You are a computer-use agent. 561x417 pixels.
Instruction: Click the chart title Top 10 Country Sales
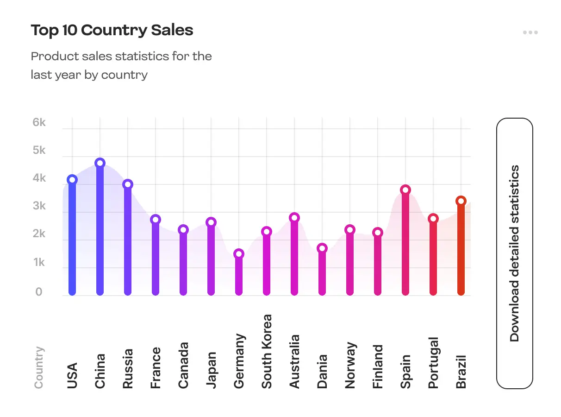pyautogui.click(x=112, y=31)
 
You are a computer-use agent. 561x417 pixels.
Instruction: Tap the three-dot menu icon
pyautogui.click(x=530, y=32)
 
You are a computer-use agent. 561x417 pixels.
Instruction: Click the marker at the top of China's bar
pyautogui.click(x=100, y=163)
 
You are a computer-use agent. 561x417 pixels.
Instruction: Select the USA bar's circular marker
pyautogui.click(x=72, y=180)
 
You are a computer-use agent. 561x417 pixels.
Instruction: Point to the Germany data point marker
pyautogui.click(x=239, y=254)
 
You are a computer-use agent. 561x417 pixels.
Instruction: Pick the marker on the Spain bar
pyautogui.click(x=405, y=190)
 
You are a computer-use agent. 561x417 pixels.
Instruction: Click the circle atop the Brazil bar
pyautogui.click(x=461, y=201)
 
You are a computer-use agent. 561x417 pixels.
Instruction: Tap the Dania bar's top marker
pyautogui.click(x=322, y=248)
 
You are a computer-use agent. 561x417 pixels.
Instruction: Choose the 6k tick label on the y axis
pyautogui.click(x=39, y=123)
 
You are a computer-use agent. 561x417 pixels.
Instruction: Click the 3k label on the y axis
pyautogui.click(x=39, y=206)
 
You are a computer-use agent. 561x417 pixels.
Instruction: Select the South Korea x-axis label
pyautogui.click(x=267, y=351)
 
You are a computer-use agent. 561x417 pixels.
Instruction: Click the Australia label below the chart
pyautogui.click(x=294, y=361)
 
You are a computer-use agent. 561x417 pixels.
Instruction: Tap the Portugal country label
pyautogui.click(x=433, y=363)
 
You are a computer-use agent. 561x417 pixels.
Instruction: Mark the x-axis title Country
pyautogui.click(x=39, y=367)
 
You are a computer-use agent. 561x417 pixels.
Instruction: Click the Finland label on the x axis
pyautogui.click(x=378, y=366)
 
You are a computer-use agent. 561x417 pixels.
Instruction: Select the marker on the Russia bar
pyautogui.click(x=128, y=184)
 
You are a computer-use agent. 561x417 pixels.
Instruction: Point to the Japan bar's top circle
pyautogui.click(x=211, y=222)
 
